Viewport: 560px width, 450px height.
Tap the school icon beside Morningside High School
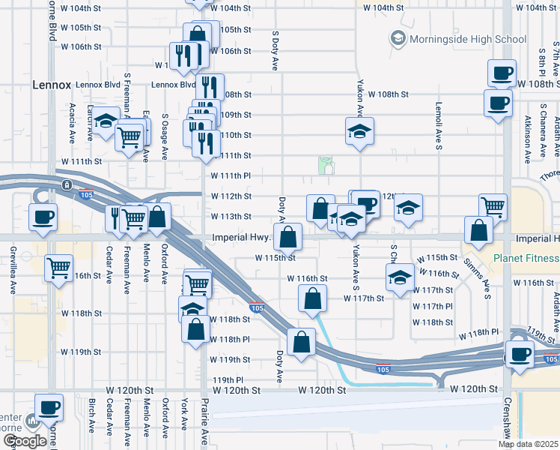(397, 37)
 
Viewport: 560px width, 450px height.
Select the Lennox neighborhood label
(51, 85)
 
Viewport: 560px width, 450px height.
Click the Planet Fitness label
(526, 259)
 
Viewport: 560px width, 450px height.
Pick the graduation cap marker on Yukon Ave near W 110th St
(359, 131)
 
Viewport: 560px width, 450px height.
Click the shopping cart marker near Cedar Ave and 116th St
(59, 268)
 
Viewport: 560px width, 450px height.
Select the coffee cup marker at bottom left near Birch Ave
(49, 408)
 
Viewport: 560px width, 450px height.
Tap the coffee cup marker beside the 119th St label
(519, 354)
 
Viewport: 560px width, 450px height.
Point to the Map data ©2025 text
(528, 444)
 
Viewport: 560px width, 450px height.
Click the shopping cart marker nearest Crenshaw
(493, 206)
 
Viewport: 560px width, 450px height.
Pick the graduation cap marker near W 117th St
(400, 277)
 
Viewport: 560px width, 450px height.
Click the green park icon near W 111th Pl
(325, 164)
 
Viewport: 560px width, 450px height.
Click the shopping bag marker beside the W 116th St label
(313, 298)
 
